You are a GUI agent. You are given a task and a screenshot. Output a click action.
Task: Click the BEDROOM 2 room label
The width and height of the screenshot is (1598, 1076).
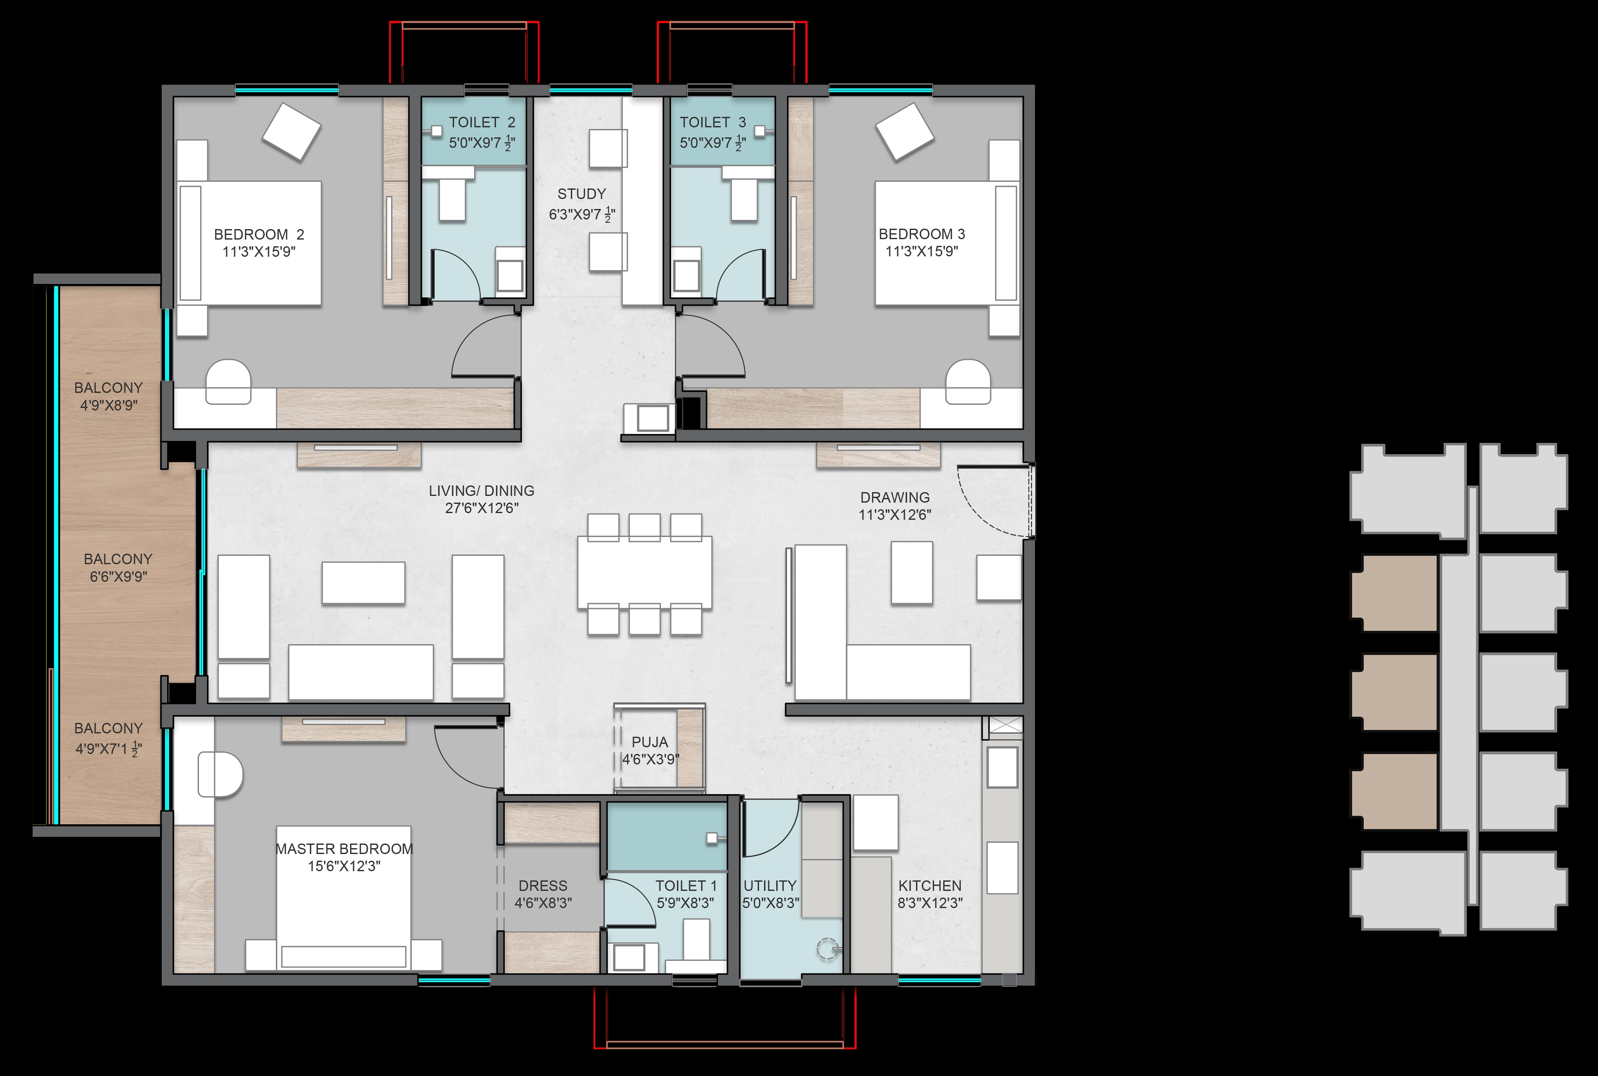pos(259,235)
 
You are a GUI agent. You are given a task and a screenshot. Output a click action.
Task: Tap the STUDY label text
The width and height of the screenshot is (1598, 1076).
pos(582,194)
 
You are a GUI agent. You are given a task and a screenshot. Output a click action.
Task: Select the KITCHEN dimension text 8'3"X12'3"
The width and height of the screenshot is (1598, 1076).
pos(930,903)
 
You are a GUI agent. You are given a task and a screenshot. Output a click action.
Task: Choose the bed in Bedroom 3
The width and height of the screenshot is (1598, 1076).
pos(947,244)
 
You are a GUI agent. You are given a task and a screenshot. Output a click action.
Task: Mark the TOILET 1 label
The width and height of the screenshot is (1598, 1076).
pos(685,886)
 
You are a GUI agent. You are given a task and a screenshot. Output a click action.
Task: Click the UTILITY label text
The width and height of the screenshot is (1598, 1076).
pos(770,886)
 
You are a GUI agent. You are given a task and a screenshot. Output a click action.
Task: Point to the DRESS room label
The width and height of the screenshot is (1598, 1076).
pos(543,886)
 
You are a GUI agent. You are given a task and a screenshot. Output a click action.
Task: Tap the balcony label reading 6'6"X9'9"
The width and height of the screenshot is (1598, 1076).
pos(119,576)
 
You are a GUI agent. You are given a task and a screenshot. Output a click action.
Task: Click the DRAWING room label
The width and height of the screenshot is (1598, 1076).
pos(895,498)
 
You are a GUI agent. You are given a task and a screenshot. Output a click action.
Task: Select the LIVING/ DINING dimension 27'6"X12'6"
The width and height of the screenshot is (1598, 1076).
pos(482,508)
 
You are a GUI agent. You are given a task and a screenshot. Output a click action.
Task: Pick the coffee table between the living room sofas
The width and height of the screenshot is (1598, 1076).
pos(364,583)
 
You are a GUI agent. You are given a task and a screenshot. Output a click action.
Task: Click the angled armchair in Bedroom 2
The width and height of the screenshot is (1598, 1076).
pos(292,132)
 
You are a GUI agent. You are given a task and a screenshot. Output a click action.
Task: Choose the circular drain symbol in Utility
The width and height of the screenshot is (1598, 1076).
pos(827,949)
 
